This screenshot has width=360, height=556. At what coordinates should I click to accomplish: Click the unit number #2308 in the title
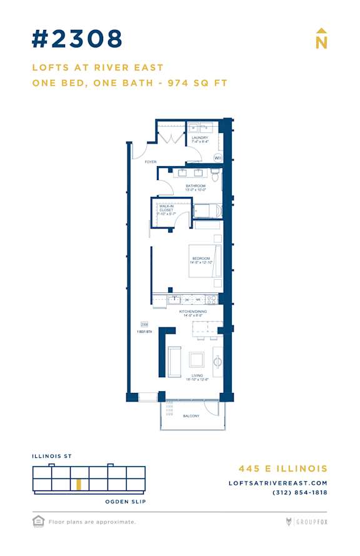click(x=77, y=39)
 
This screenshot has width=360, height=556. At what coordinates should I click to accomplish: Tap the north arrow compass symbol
click(x=321, y=39)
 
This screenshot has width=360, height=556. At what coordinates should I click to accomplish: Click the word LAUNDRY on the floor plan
click(x=200, y=137)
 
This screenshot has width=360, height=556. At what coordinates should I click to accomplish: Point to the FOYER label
click(x=150, y=162)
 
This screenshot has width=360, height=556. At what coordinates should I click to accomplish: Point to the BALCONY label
click(x=191, y=416)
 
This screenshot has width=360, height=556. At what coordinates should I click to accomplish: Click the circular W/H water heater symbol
click(x=217, y=158)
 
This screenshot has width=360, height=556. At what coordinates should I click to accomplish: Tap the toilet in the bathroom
click(x=215, y=177)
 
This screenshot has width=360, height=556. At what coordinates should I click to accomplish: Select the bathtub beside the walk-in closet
click(x=207, y=210)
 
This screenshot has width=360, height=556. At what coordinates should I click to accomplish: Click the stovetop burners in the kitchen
click(x=211, y=300)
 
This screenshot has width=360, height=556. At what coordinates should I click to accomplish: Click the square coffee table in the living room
click(x=197, y=359)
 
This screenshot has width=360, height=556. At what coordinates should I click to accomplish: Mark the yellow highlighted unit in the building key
click(x=79, y=485)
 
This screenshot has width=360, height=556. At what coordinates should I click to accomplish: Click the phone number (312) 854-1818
click(x=300, y=492)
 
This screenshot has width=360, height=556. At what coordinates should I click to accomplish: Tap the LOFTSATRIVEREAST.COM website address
click(x=278, y=483)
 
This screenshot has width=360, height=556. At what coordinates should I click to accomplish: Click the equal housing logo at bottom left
click(x=38, y=520)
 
